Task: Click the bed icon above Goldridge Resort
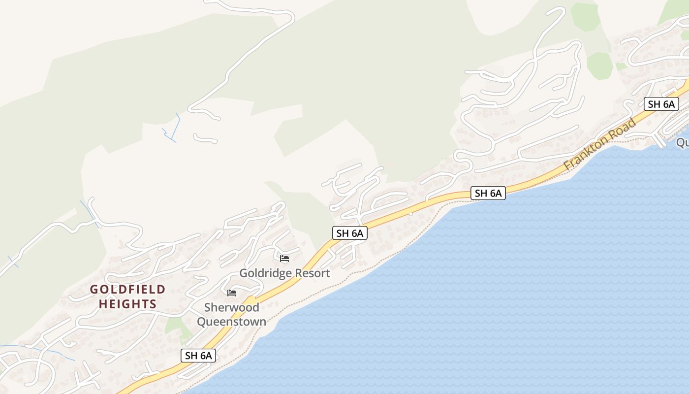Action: coord(284,259)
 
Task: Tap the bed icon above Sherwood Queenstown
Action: coord(232,293)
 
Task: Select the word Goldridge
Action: coord(263,273)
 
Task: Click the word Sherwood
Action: coord(231,307)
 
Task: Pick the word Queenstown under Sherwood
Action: coord(231,322)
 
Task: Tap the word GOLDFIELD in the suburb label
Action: coord(127,290)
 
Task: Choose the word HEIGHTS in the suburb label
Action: coord(127,304)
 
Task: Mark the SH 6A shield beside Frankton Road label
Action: coord(661,104)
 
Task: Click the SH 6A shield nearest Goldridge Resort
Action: coord(350,233)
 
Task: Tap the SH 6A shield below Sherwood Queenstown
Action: coord(198,356)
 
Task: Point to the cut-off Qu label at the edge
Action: coord(683,142)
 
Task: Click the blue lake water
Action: coord(492,295)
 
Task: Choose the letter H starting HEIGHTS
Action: coord(103,304)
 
